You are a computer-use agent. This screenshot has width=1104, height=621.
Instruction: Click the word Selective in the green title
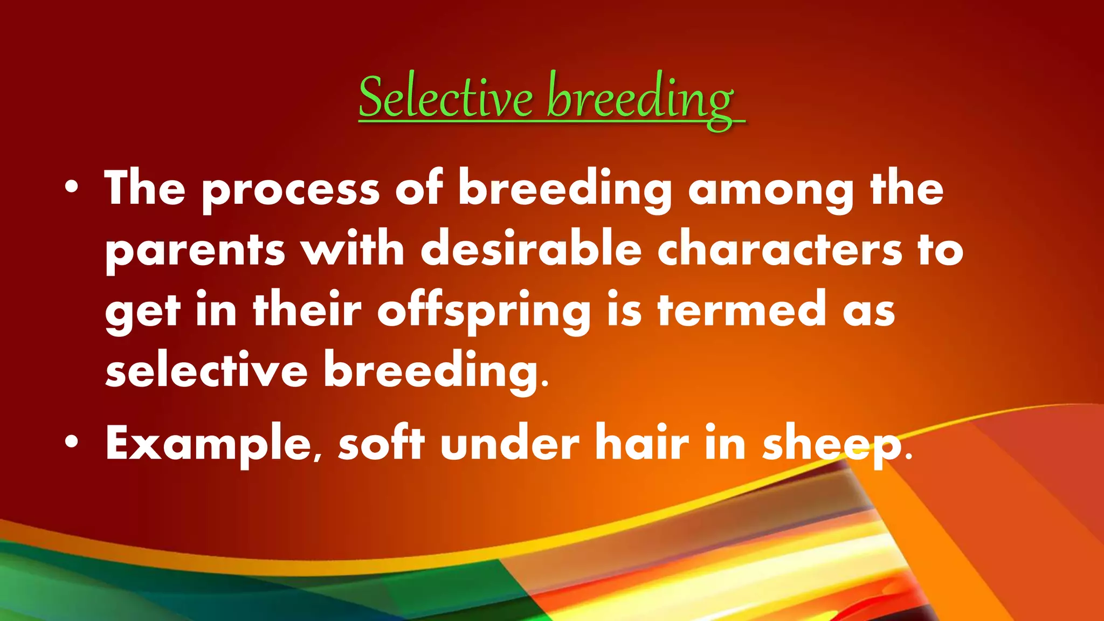point(445,97)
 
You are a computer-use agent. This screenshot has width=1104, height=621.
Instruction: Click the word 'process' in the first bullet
point(291,190)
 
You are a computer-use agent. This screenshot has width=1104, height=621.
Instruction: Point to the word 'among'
point(771,190)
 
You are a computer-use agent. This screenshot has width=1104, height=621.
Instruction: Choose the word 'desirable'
point(531,249)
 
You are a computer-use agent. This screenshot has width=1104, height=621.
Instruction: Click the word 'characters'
point(779,249)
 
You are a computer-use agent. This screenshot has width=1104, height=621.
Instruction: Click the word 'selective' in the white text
point(206,370)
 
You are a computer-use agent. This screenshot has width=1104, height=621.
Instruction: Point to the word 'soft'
point(381,443)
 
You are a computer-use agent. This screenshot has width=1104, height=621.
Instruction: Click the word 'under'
point(509,443)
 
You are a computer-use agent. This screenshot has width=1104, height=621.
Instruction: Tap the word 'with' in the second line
point(353,249)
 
